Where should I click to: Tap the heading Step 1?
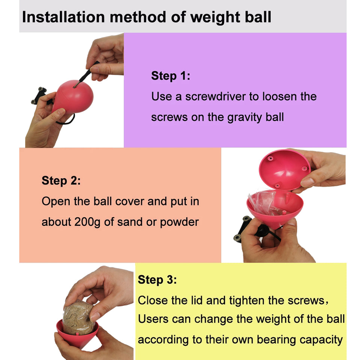[x=171, y=76]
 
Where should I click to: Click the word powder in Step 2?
[x=179, y=222]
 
